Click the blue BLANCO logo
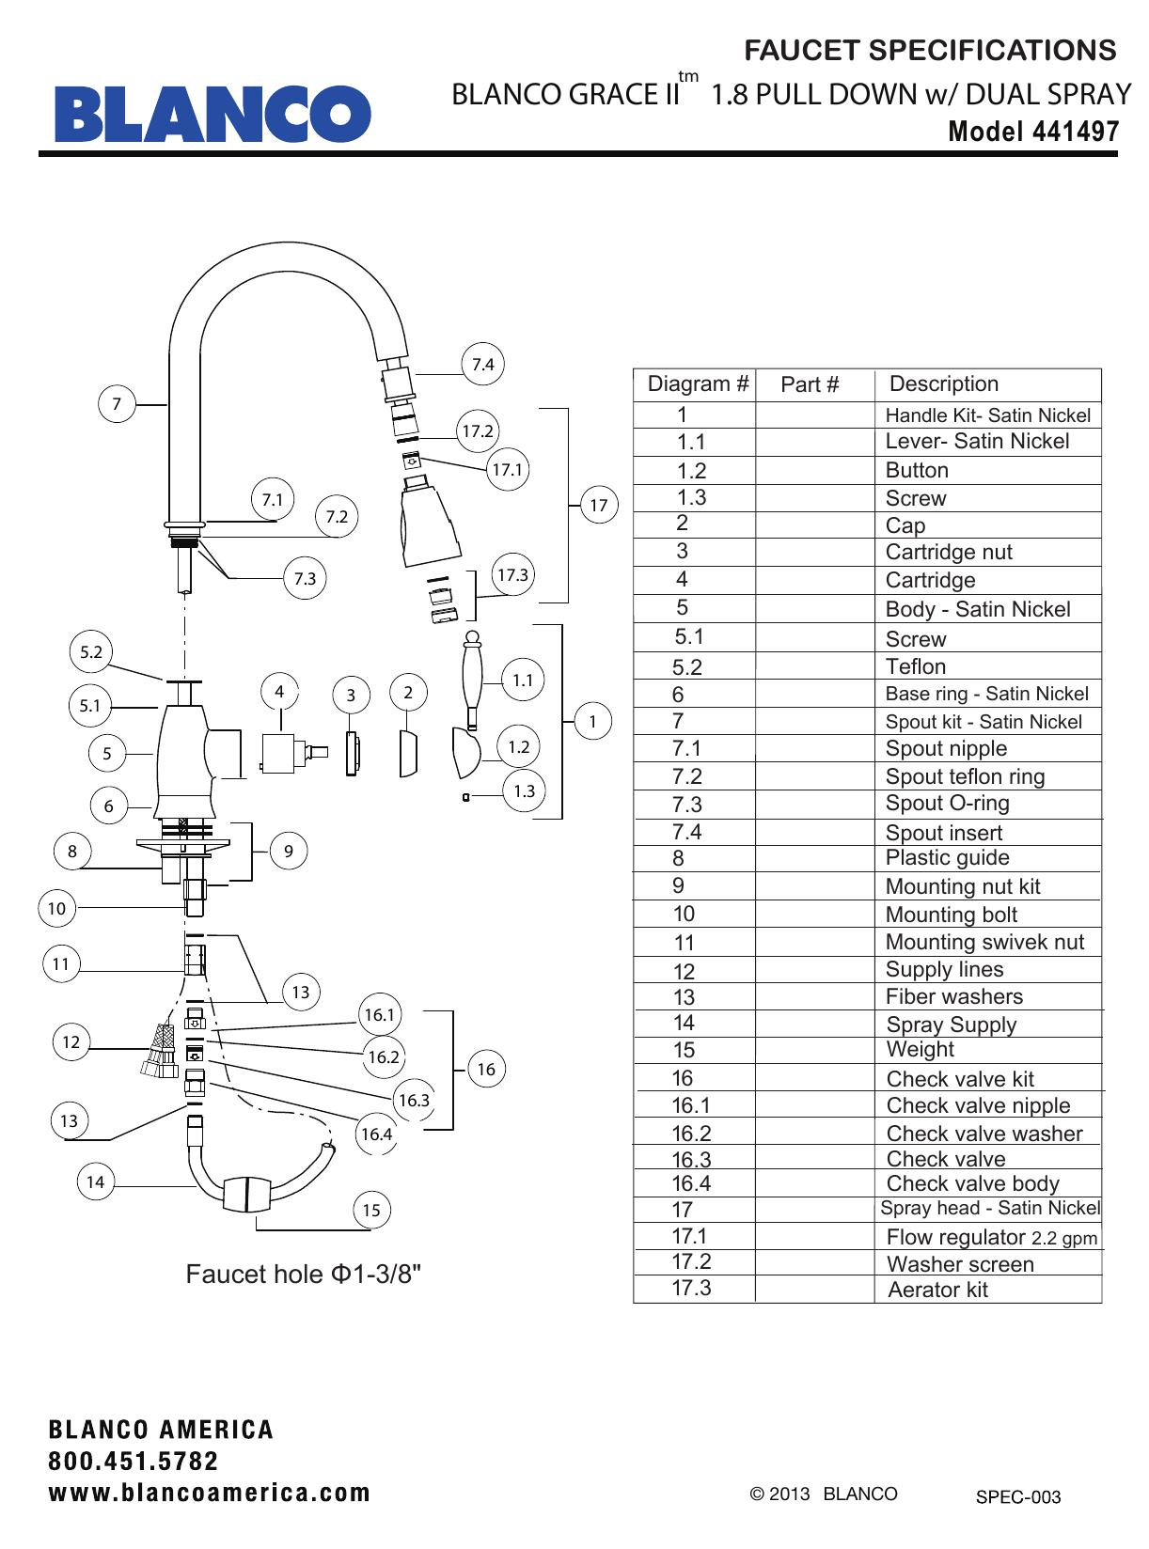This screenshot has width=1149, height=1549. (212, 114)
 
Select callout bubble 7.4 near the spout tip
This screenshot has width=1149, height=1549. (482, 365)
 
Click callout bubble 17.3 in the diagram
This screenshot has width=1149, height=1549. (512, 575)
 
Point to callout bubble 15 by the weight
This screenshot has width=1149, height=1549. (371, 1211)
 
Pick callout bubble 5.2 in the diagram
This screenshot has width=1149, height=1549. (91, 652)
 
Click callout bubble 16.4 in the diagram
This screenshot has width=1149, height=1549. (376, 1134)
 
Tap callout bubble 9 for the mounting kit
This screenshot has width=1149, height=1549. (289, 852)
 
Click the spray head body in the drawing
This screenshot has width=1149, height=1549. (430, 526)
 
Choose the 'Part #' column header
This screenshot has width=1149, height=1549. (810, 384)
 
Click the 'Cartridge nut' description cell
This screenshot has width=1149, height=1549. (949, 553)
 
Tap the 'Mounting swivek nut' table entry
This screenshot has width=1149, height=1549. (984, 943)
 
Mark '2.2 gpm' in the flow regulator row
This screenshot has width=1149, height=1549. (1064, 1239)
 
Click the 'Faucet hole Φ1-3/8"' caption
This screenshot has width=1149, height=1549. (304, 1275)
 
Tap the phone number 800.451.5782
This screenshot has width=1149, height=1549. (134, 1462)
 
